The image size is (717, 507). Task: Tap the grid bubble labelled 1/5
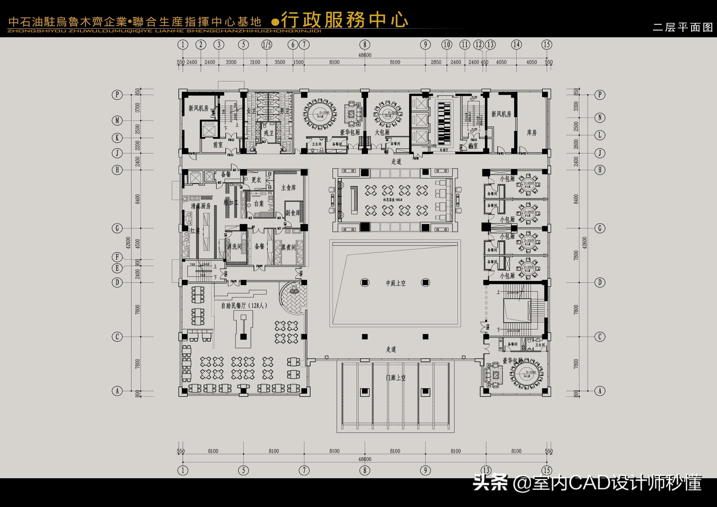pos(267,45)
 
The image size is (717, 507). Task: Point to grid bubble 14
pos(516,45)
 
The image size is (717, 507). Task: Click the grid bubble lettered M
pos(117,120)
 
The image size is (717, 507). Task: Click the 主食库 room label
pos(288,188)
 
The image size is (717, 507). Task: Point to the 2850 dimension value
pos(436,62)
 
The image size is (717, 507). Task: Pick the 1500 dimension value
pos(298,62)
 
